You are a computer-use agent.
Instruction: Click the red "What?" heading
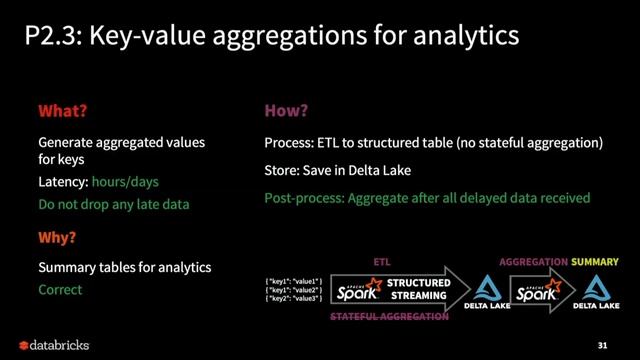(x=70, y=110)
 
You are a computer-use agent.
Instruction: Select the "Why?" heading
(x=57, y=239)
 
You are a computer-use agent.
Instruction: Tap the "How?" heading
(x=286, y=110)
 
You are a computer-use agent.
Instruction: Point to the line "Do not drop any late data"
(x=113, y=204)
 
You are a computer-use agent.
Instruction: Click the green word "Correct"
(x=60, y=290)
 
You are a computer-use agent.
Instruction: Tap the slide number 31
(x=602, y=345)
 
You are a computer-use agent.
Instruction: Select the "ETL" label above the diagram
(x=381, y=261)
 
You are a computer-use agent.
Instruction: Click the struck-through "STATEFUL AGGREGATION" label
(x=390, y=316)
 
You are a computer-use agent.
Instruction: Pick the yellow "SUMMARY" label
(x=595, y=261)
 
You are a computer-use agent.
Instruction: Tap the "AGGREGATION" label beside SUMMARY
(x=532, y=261)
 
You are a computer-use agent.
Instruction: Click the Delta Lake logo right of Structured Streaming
(x=487, y=291)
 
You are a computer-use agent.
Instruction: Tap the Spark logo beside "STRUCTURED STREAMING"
(x=359, y=289)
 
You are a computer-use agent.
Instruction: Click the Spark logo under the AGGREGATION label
(x=536, y=289)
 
